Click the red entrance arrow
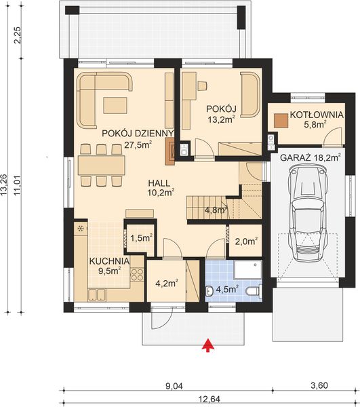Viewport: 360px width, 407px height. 208,345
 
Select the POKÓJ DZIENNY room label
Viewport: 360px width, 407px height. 138,134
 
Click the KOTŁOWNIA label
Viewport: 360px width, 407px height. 317,115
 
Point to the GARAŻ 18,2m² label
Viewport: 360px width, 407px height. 311,157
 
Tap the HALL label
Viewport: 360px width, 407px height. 159,183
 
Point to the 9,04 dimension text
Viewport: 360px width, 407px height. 174,386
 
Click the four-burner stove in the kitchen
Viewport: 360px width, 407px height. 137,275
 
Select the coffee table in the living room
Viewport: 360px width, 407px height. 115,105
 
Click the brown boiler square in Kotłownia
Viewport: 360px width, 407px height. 281,121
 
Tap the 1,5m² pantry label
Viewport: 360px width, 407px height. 141,238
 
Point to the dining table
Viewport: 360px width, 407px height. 102,165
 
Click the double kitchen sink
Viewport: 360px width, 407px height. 97,295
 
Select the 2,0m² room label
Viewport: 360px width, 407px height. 246,241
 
